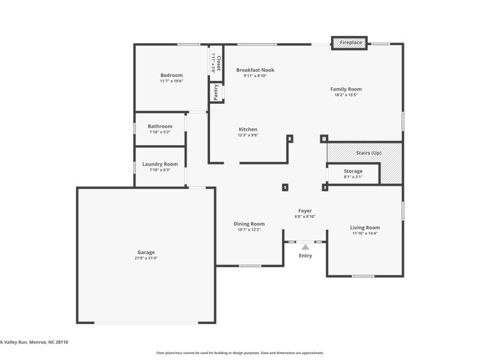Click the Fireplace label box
pyautogui.click(x=351, y=43)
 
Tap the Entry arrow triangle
pyautogui.click(x=305, y=246)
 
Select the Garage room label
pyautogui.click(x=146, y=253)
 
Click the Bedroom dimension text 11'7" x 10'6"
pyautogui.click(x=172, y=81)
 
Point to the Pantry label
pyautogui.click(x=215, y=92)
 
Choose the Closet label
pyautogui.click(x=218, y=63)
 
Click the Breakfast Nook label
pyautogui.click(x=255, y=70)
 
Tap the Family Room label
pyautogui.click(x=346, y=89)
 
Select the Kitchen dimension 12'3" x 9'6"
pyautogui.click(x=248, y=136)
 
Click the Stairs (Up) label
pyautogui.click(x=368, y=153)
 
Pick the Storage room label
pyautogui.click(x=353, y=171)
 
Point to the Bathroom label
pyautogui.click(x=160, y=126)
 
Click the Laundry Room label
pyautogui.click(x=160, y=164)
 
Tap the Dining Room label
pyautogui.click(x=249, y=224)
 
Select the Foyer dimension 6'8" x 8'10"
pyautogui.click(x=305, y=217)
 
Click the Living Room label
pyautogui.click(x=365, y=227)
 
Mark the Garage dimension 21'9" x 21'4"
pyautogui.click(x=146, y=259)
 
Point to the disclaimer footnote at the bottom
pyautogui.click(x=240, y=353)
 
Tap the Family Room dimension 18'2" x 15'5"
pyautogui.click(x=346, y=95)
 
